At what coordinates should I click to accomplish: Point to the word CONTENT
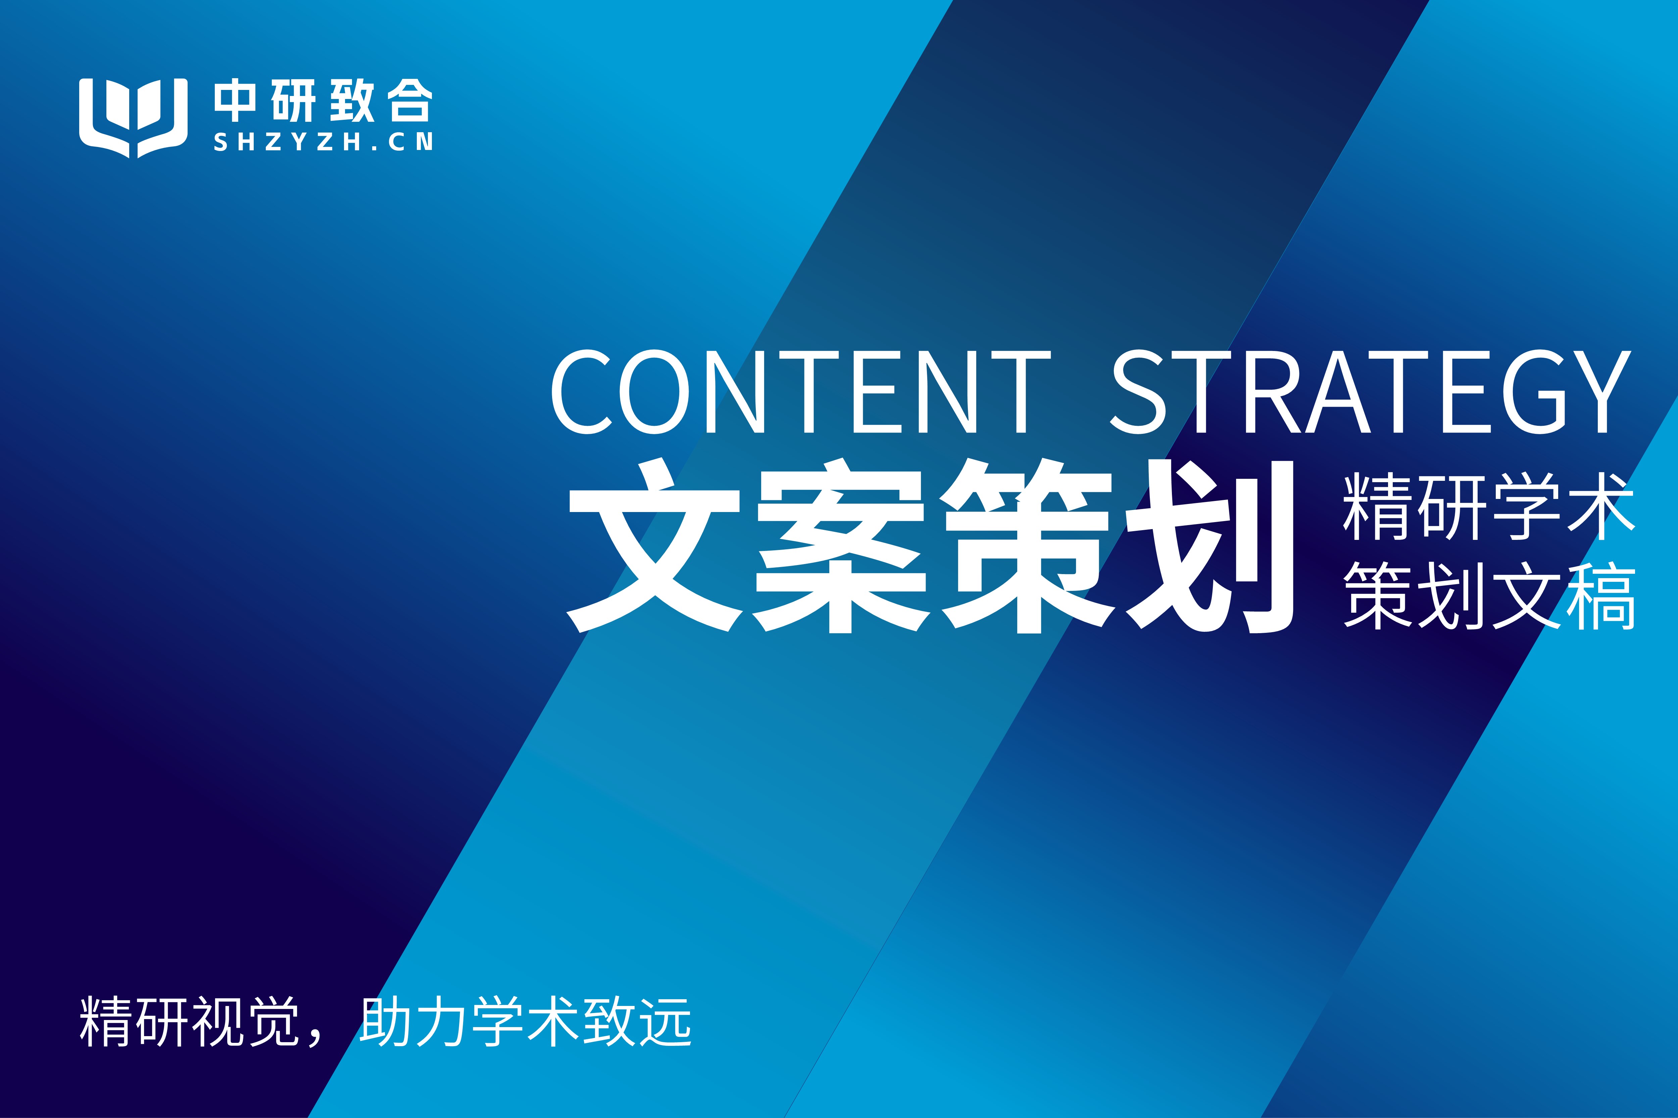pyautogui.click(x=801, y=392)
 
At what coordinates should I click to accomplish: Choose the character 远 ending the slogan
pyautogui.click(x=665, y=1022)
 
